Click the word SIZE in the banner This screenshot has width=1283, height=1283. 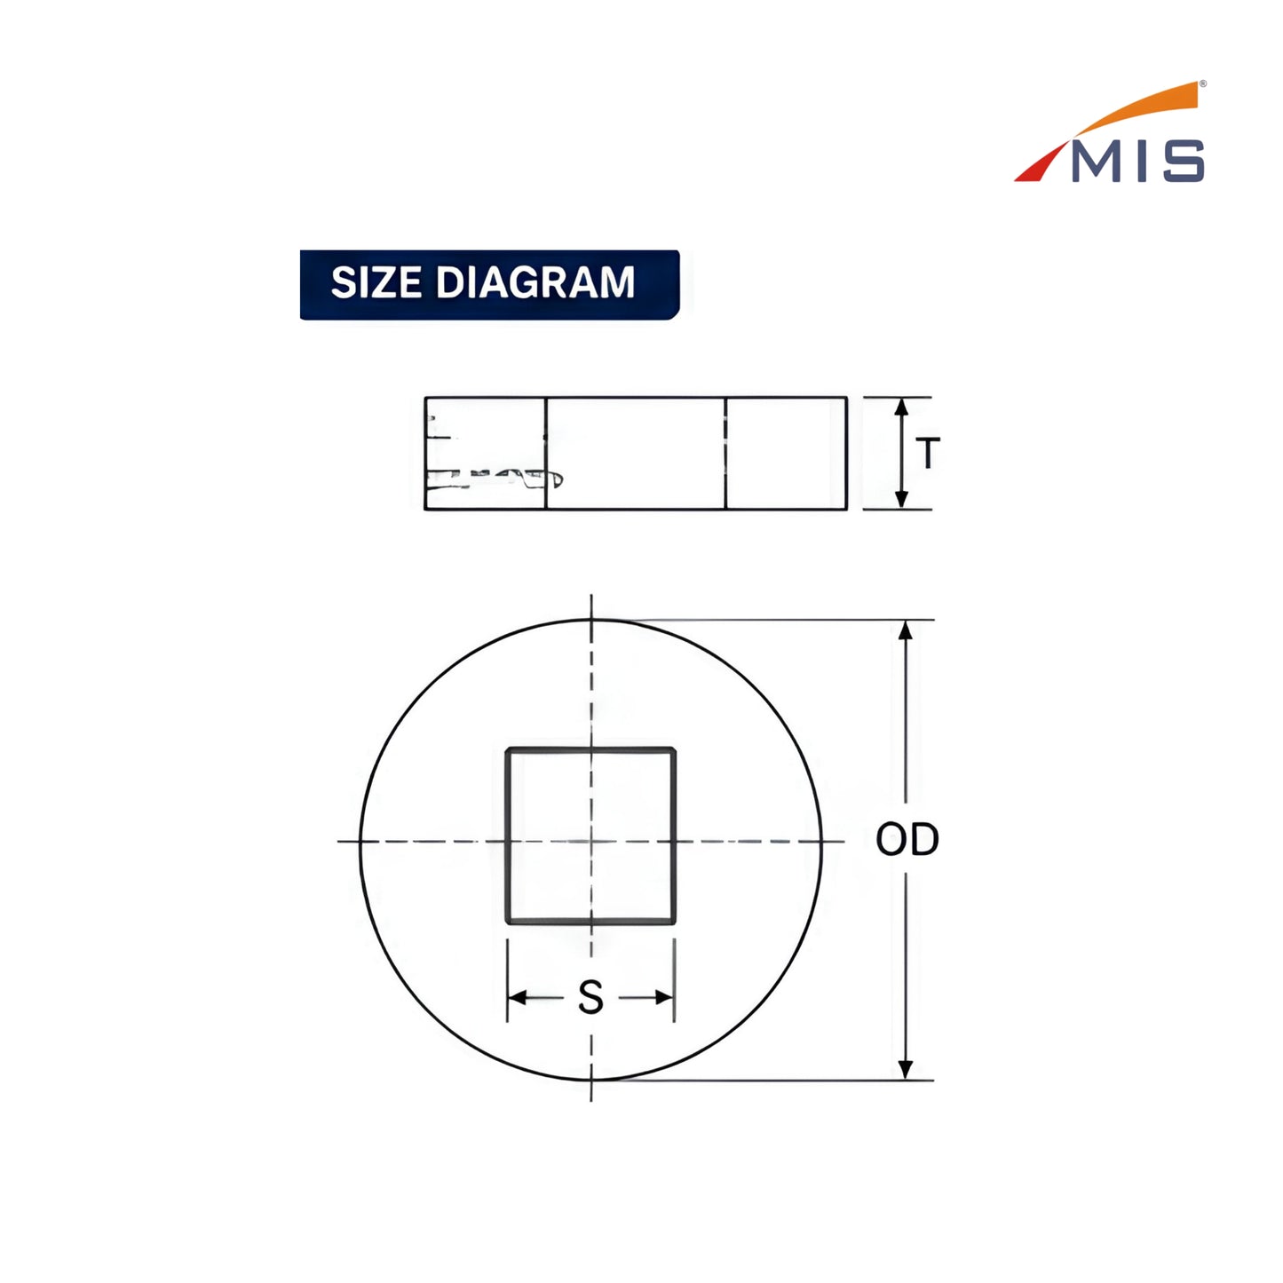(376, 282)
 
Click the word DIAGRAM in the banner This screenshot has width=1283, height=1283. (535, 282)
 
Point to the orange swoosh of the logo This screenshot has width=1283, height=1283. (1132, 110)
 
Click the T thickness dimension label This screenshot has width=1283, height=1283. (928, 453)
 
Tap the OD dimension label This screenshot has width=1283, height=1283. (907, 839)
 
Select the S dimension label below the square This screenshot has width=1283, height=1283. (590, 997)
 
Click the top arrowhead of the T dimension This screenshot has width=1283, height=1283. (901, 408)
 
